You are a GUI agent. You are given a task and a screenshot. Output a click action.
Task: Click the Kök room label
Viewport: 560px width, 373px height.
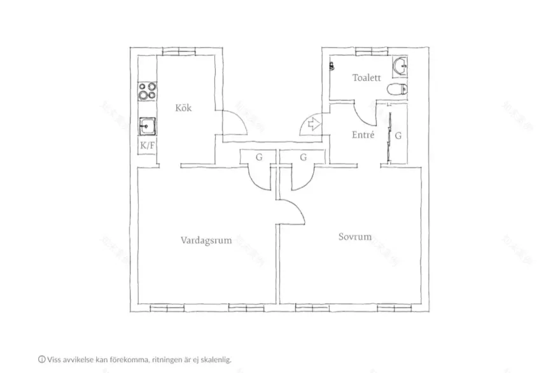(183, 108)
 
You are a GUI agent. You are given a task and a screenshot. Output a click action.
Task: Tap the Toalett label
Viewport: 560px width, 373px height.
(367, 78)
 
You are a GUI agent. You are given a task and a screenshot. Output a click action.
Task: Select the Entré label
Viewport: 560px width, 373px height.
(363, 135)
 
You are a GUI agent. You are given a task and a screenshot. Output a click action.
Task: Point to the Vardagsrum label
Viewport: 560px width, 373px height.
(206, 241)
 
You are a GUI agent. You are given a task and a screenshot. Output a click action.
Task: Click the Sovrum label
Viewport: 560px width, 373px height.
(354, 237)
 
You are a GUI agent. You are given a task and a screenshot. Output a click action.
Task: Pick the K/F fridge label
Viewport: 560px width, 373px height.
(147, 146)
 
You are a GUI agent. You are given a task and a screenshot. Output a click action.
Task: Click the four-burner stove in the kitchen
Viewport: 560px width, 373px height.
(148, 92)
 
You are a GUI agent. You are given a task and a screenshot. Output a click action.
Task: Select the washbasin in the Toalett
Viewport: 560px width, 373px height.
(400, 66)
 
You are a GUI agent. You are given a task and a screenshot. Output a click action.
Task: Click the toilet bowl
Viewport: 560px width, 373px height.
(398, 89)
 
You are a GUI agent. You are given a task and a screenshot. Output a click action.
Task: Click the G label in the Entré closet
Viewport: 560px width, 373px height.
(398, 136)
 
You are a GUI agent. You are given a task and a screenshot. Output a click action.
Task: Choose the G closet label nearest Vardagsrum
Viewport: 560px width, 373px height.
(259, 157)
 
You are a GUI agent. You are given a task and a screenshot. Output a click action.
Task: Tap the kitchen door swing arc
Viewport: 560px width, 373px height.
(235, 121)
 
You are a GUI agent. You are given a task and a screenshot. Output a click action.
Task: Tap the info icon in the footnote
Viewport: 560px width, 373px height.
(41, 360)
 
